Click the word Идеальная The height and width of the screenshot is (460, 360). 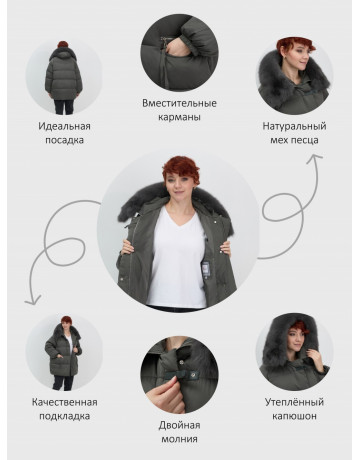[64, 126]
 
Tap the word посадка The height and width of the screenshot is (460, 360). [64, 140]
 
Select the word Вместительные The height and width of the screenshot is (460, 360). [179, 103]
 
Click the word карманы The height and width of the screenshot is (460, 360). [179, 117]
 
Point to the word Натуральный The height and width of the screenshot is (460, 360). [294, 126]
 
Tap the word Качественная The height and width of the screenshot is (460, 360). [65, 402]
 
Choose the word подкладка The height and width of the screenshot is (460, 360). [65, 416]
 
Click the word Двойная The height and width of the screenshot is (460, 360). [179, 425]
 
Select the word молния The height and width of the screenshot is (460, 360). [179, 439]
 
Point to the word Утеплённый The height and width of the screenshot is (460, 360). [294, 402]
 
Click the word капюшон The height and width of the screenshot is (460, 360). [294, 416]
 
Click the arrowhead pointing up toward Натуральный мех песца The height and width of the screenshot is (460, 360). [314, 158]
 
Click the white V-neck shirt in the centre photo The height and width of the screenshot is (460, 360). [177, 257]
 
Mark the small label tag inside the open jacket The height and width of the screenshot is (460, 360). [206, 269]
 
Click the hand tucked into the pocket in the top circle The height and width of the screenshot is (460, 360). [176, 48]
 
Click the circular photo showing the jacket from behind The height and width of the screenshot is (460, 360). [64, 77]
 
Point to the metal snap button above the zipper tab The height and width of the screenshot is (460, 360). [183, 363]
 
